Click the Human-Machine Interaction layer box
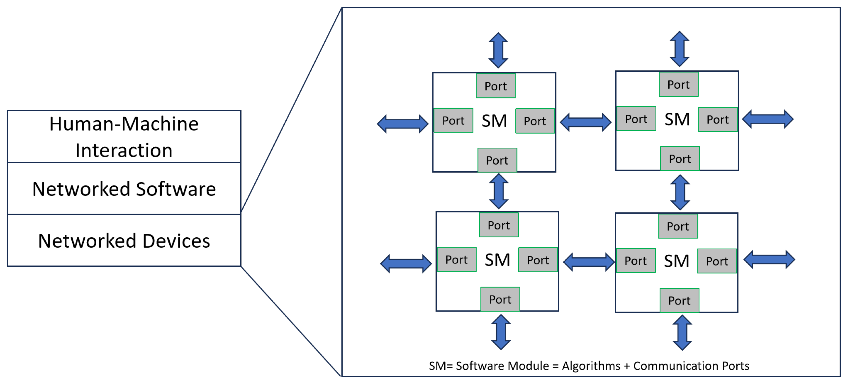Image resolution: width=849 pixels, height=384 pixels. pyautogui.click(x=124, y=137)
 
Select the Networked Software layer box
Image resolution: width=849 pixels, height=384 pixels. pyautogui.click(x=124, y=189)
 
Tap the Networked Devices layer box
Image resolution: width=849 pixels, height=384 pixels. pyautogui.click(x=124, y=240)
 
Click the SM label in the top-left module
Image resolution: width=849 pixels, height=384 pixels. pyautogui.click(x=494, y=121)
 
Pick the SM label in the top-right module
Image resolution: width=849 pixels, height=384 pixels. pyautogui.click(x=677, y=119)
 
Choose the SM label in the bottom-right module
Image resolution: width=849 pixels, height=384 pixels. pyautogui.click(x=676, y=261)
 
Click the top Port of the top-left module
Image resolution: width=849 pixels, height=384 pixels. pyautogui.click(x=495, y=86)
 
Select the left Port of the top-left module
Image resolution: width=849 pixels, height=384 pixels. pyautogui.click(x=453, y=120)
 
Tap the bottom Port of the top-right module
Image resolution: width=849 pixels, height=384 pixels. pyautogui.click(x=680, y=159)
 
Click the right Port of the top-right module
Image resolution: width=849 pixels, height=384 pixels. pyautogui.click(x=718, y=119)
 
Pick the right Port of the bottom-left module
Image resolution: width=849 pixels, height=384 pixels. pyautogui.click(x=538, y=260)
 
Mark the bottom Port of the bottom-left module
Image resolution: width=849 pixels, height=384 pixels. pyautogui.click(x=500, y=299)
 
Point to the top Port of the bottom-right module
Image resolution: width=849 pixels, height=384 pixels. pyautogui.click(x=678, y=226)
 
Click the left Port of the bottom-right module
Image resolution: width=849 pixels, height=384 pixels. pyautogui.click(x=636, y=261)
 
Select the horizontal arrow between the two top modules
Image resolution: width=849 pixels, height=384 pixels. pyautogui.click(x=586, y=122)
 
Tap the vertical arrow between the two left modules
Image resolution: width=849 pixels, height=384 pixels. pyautogui.click(x=499, y=191)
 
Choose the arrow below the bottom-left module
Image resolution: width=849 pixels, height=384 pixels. pyautogui.click(x=501, y=332)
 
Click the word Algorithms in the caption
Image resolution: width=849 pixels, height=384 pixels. pyautogui.click(x=591, y=366)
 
